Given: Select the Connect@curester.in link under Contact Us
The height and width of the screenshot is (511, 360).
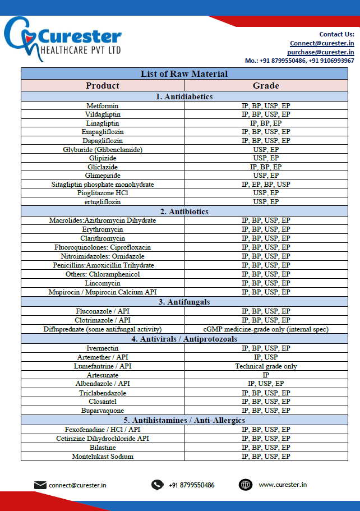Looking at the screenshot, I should click(x=321, y=43).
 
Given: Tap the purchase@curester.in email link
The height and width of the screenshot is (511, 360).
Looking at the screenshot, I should click(x=320, y=52).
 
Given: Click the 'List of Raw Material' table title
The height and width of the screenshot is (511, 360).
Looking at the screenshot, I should click(x=184, y=73).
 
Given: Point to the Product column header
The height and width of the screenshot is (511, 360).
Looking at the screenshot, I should click(x=103, y=85).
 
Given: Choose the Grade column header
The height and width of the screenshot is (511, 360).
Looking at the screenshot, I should click(x=265, y=85).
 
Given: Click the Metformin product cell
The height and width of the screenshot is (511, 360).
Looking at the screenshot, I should click(x=103, y=105).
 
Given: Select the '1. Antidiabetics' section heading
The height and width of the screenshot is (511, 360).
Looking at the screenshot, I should click(x=184, y=96).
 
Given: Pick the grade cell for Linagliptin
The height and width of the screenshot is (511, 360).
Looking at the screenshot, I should click(x=265, y=123).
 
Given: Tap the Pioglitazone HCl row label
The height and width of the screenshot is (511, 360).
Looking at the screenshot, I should click(x=103, y=193).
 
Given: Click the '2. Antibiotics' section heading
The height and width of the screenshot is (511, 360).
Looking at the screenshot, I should click(x=184, y=211).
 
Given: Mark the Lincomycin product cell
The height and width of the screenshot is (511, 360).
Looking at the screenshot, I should click(x=103, y=283).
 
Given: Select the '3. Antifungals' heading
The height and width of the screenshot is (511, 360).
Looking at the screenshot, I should click(x=184, y=302).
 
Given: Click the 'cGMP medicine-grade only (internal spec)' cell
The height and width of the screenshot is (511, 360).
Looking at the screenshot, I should click(x=265, y=329).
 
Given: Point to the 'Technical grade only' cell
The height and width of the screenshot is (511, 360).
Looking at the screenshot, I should click(x=265, y=366).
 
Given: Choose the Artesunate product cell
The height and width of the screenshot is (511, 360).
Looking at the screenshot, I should click(x=103, y=375).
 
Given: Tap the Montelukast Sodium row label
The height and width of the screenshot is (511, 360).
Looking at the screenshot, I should click(x=103, y=457).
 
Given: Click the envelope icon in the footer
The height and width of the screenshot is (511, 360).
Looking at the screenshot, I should click(x=40, y=485).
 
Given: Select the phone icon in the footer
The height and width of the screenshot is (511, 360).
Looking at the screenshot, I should click(x=158, y=485).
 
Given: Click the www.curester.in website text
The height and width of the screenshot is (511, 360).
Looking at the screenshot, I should click(x=283, y=485).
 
